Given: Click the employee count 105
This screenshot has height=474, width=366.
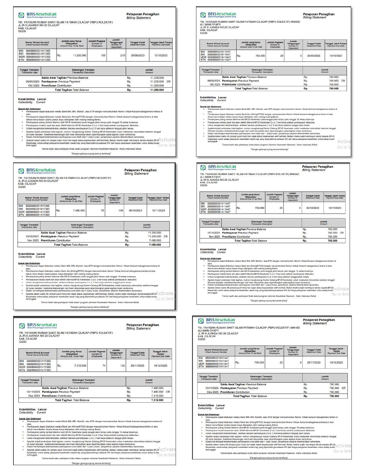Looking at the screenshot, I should (x=103, y=55).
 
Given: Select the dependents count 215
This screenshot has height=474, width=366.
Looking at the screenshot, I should (x=123, y=55).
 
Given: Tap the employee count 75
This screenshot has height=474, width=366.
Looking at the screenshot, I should (x=102, y=211).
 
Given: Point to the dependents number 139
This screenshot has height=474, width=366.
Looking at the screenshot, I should (x=121, y=211).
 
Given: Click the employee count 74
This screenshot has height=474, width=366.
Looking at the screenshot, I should (x=104, y=366).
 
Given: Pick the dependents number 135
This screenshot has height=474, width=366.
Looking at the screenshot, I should (x=123, y=366).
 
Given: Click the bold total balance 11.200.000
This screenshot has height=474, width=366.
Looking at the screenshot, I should (x=157, y=90).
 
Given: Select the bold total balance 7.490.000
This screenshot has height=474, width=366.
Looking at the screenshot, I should (x=155, y=245).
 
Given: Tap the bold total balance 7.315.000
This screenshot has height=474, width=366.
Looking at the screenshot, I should (x=157, y=400).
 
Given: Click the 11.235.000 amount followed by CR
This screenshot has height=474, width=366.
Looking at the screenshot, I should (x=157, y=82).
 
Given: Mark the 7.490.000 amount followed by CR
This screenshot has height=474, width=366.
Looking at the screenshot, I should (x=157, y=392).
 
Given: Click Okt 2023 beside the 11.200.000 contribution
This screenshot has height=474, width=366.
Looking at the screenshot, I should (x=34, y=86).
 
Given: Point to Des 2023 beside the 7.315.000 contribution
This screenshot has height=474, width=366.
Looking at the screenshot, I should (x=34, y=396).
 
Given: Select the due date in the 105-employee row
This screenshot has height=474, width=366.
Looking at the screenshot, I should (x=161, y=55).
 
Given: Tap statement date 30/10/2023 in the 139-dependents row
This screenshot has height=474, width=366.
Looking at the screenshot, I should (x=135, y=211).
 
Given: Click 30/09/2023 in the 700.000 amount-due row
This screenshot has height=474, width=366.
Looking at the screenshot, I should (x=313, y=56).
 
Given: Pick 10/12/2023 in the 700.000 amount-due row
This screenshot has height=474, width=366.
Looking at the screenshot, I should (x=336, y=363).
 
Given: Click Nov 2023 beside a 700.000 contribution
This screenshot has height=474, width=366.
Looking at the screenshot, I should (x=214, y=237).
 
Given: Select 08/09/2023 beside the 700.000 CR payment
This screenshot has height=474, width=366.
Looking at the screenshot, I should (x=214, y=81).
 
